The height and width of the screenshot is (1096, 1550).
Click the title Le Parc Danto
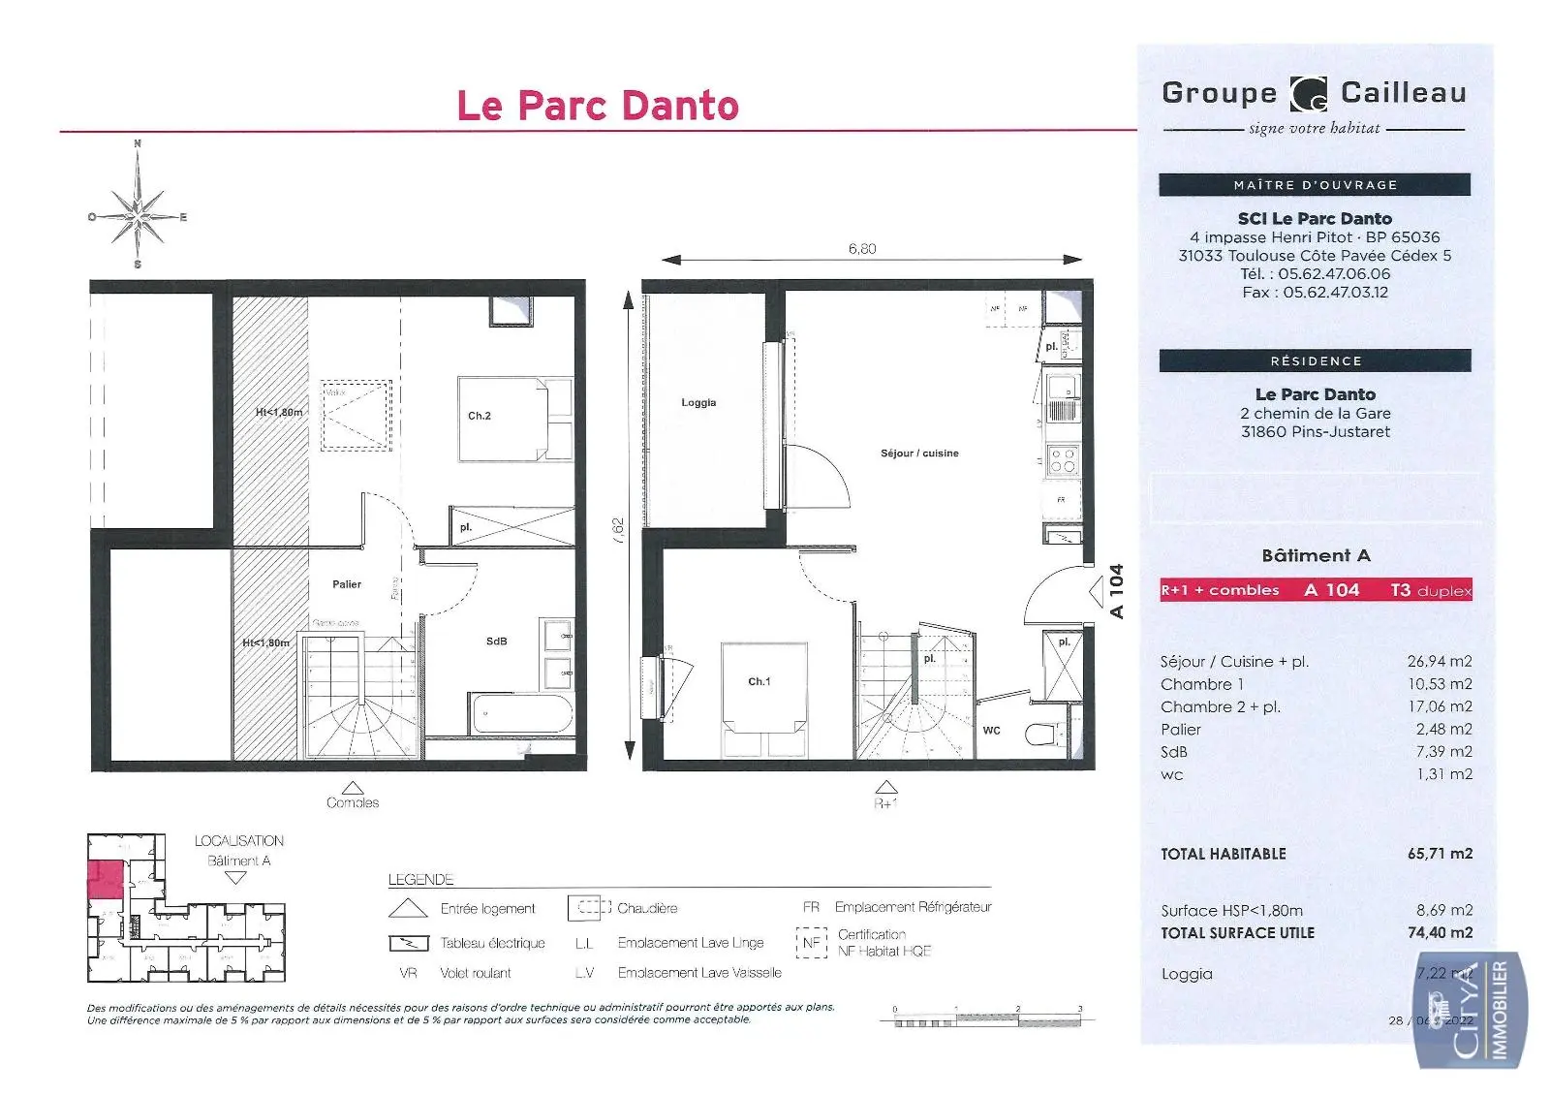tap(598, 106)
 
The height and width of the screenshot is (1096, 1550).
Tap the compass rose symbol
tap(138, 215)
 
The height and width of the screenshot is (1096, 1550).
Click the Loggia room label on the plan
tap(698, 402)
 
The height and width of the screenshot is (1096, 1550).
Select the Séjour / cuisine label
tap(919, 453)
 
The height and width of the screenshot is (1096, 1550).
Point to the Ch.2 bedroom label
tap(480, 416)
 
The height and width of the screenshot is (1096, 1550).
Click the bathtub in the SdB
tap(522, 714)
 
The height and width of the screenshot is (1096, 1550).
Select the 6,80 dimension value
tap(861, 249)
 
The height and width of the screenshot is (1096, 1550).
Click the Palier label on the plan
tap(347, 584)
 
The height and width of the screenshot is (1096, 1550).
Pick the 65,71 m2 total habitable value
tap(1440, 854)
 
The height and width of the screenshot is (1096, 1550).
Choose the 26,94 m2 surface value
tap(1440, 661)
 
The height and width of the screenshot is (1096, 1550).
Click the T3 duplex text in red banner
tap(1430, 590)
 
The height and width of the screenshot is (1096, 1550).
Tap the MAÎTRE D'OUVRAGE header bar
tap(1315, 184)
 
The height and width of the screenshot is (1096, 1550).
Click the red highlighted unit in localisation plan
tap(105, 879)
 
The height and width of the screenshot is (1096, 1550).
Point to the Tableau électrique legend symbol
tap(408, 943)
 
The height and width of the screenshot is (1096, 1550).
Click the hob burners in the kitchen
tap(1063, 460)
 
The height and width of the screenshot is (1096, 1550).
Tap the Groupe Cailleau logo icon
tap(1309, 95)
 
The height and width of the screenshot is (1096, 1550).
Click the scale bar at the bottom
tap(987, 1018)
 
